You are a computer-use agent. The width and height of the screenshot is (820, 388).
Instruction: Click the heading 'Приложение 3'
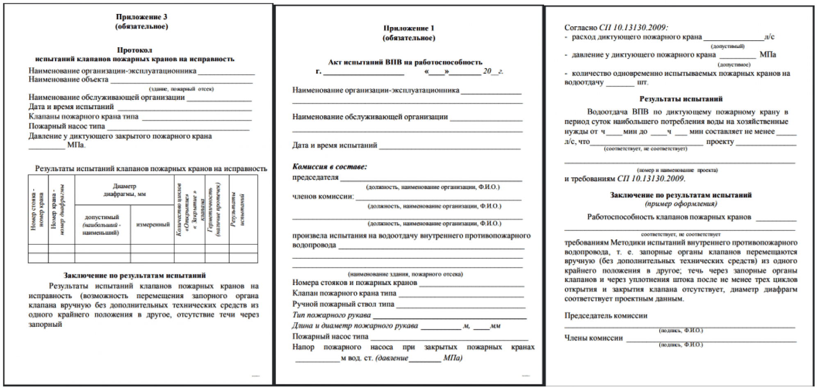[x=141, y=17]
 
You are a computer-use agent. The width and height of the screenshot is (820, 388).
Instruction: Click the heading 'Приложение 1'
[x=408, y=28]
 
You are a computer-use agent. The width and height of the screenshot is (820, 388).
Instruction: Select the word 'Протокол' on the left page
[x=134, y=50]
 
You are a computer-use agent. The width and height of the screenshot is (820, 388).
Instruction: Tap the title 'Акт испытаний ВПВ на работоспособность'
[x=405, y=62]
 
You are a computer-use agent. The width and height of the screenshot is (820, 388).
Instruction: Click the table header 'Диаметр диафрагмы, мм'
[x=124, y=190]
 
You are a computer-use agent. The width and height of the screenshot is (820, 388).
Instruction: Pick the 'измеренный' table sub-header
[x=153, y=225]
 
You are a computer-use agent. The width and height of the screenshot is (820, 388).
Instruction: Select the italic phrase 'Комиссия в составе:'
[x=329, y=167]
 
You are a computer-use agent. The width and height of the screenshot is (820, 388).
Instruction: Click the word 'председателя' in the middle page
[x=315, y=177]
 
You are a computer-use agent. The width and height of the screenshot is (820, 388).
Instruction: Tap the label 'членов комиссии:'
[x=323, y=196]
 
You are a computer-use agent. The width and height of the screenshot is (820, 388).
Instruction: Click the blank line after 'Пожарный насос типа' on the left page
[x=178, y=129]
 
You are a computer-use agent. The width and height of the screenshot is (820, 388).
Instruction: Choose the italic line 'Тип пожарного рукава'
[x=331, y=315]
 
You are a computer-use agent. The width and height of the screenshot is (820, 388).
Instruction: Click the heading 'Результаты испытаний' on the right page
[x=681, y=99]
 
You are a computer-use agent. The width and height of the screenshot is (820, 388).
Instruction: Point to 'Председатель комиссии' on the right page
[x=606, y=316]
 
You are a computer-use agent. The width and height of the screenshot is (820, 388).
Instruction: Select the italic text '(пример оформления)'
[x=681, y=204]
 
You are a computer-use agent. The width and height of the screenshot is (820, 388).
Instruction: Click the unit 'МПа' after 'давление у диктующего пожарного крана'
[x=768, y=55]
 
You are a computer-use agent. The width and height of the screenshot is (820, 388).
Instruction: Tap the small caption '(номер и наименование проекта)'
[x=677, y=170]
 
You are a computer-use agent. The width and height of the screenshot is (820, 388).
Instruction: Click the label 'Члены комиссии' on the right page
[x=593, y=338]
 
